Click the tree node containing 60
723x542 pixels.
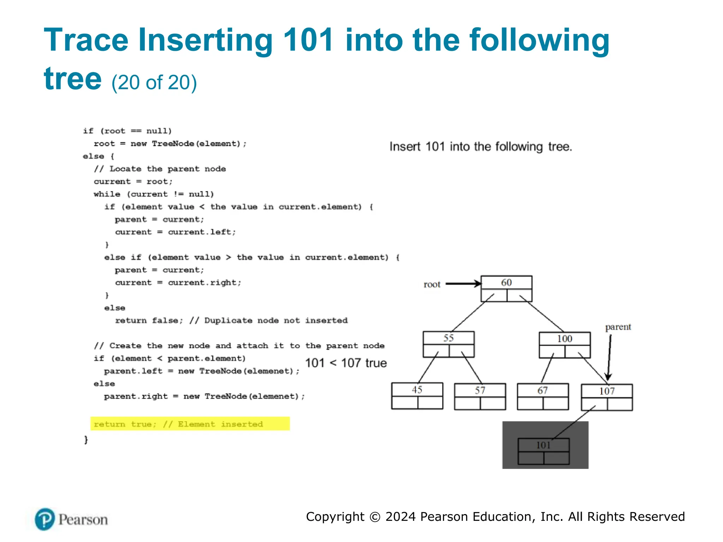[506, 288]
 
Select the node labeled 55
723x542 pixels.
[448, 344]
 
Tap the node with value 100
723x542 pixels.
[564, 345]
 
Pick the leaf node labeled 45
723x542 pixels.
[417, 396]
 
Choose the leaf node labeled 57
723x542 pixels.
[480, 396]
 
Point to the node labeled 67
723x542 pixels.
[543, 396]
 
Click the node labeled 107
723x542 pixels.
[607, 397]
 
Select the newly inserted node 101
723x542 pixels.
[543, 451]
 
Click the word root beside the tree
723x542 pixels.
[432, 284]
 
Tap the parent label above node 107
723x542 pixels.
[618, 327]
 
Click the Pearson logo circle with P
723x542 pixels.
[45, 519]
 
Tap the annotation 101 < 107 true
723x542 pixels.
[346, 363]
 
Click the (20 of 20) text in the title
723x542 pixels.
[154, 83]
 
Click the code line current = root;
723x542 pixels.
[133, 181]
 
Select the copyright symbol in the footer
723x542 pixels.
[375, 517]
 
